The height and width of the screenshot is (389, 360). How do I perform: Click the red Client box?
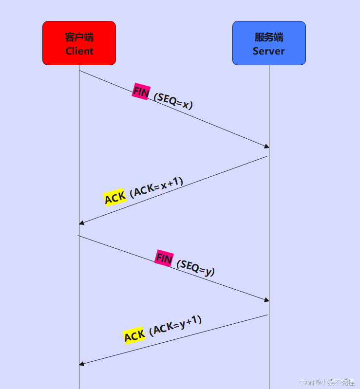79,43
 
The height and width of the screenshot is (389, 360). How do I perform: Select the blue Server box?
269,43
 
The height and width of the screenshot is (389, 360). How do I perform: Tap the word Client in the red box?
79,51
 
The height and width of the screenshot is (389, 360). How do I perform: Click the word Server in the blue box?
268,51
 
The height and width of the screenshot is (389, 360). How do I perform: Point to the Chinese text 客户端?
79,37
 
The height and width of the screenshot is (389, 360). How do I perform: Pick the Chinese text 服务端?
269,37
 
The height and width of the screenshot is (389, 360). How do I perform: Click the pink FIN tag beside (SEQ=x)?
141,92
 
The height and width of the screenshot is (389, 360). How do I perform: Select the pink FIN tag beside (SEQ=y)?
164,259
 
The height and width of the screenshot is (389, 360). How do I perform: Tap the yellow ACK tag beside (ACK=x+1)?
114,198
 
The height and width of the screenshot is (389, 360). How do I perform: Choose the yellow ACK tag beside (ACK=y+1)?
134,335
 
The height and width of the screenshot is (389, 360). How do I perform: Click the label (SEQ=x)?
173,101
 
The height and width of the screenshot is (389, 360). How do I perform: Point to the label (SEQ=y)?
196,268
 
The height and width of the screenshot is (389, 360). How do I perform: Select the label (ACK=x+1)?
157,187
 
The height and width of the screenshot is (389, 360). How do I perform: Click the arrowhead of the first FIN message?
266,146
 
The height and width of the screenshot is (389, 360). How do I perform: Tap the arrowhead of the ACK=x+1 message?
82,223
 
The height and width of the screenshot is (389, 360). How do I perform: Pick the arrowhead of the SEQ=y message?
266,300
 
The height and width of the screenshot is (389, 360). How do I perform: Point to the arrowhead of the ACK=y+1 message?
82,364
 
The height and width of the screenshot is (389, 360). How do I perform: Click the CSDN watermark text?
327,382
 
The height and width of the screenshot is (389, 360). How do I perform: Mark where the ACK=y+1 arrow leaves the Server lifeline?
268,315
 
